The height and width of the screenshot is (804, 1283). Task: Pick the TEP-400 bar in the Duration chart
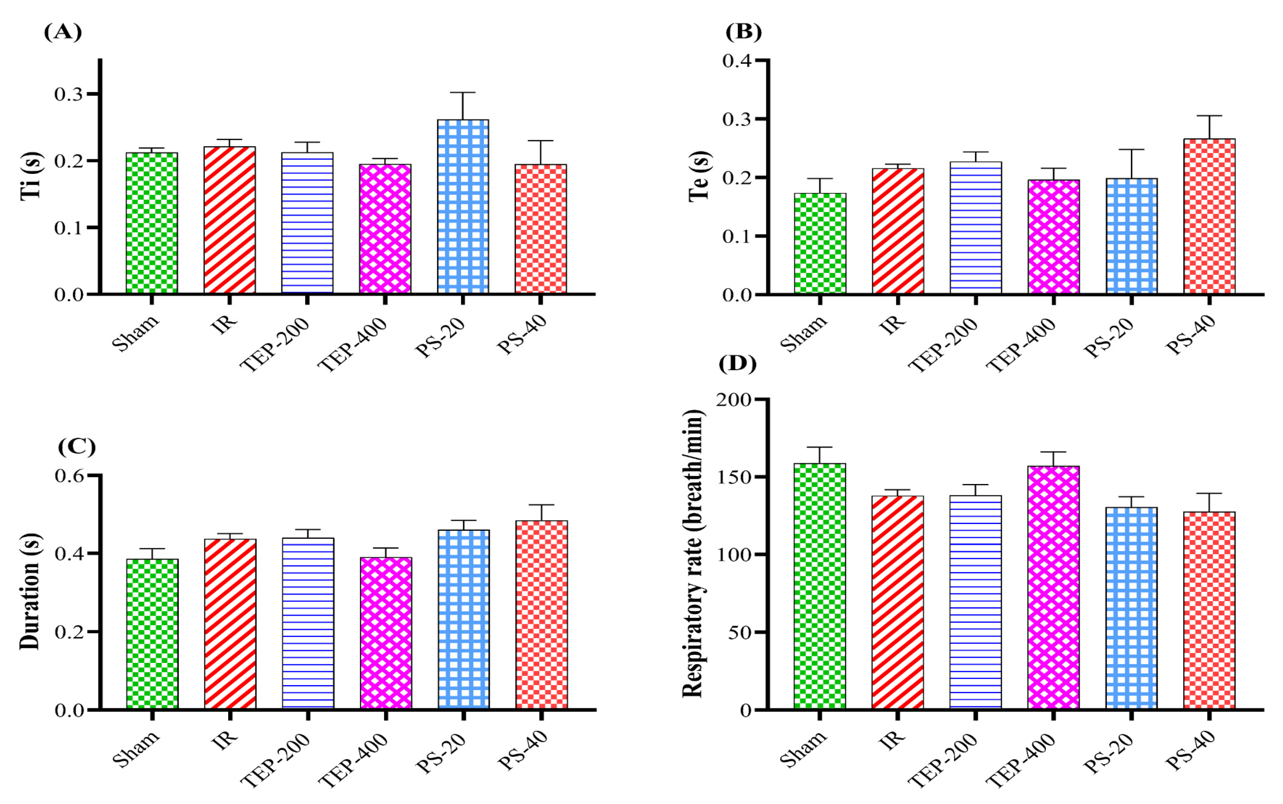[x=386, y=633]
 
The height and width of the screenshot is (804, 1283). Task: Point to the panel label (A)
[x=63, y=32]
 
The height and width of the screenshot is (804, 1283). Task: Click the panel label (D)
[x=737, y=364]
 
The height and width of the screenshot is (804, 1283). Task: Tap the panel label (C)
[x=76, y=447]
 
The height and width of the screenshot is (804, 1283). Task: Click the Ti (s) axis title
[x=31, y=176]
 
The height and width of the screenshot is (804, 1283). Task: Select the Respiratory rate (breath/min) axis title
[x=692, y=553]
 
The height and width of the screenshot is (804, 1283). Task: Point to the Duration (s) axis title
[x=30, y=591]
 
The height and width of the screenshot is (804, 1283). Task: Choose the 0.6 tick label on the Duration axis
[x=69, y=476]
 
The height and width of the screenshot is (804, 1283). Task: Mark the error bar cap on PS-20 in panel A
[x=462, y=93]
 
